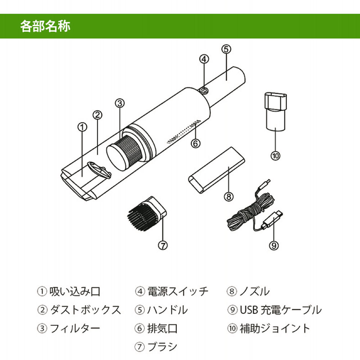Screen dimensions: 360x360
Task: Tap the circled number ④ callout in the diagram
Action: click(x=204, y=58)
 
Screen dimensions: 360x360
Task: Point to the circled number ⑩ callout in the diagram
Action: click(x=275, y=156)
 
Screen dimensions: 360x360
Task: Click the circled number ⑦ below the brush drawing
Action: click(x=163, y=245)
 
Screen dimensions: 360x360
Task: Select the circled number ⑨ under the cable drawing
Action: click(x=274, y=245)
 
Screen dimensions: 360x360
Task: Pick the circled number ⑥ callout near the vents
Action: click(x=195, y=143)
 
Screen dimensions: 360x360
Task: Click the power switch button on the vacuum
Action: click(x=204, y=90)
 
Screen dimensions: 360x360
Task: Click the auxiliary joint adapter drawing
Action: click(x=275, y=112)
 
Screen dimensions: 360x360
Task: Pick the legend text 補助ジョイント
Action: click(x=275, y=328)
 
